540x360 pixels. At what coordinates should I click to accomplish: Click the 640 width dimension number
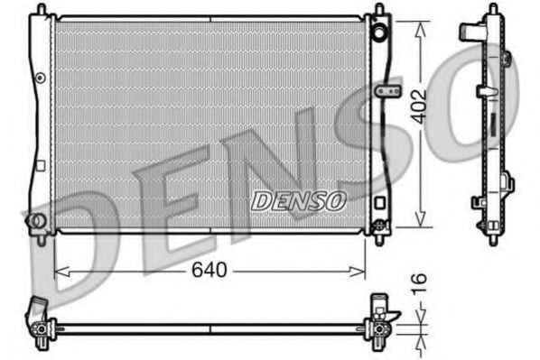209,270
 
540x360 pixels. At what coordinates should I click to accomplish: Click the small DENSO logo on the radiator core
298,200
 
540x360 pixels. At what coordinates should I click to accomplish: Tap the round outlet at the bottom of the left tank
36,221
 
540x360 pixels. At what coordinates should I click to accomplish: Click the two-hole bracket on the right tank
388,92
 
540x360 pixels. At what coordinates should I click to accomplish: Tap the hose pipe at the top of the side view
470,32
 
